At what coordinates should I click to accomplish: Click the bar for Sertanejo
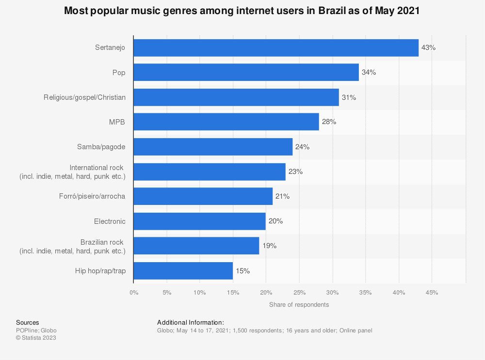[x=275, y=48]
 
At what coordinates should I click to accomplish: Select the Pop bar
[x=246, y=73]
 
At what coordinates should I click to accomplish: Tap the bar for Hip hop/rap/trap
[x=183, y=271]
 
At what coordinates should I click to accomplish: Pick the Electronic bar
[x=199, y=221]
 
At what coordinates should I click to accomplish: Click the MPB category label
[x=118, y=122]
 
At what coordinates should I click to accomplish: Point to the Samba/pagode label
[x=101, y=147]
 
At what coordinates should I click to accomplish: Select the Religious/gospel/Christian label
[x=84, y=97]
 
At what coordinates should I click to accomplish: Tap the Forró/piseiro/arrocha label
[x=95, y=196]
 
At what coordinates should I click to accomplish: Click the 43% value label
[x=429, y=48]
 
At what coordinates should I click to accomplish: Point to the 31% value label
[x=349, y=97]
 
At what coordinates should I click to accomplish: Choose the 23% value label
[x=295, y=172]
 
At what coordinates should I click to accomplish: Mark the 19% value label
[x=269, y=246]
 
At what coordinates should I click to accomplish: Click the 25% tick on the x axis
[x=299, y=293]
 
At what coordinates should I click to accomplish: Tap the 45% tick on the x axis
[x=432, y=293]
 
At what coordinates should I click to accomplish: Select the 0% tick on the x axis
[x=134, y=293]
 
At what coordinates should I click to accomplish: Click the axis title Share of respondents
[x=299, y=305]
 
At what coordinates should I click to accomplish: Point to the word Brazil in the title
[x=332, y=11]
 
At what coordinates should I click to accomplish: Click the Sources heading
[x=28, y=323]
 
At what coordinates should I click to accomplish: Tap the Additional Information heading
[x=191, y=323]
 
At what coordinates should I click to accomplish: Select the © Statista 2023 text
[x=36, y=338]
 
